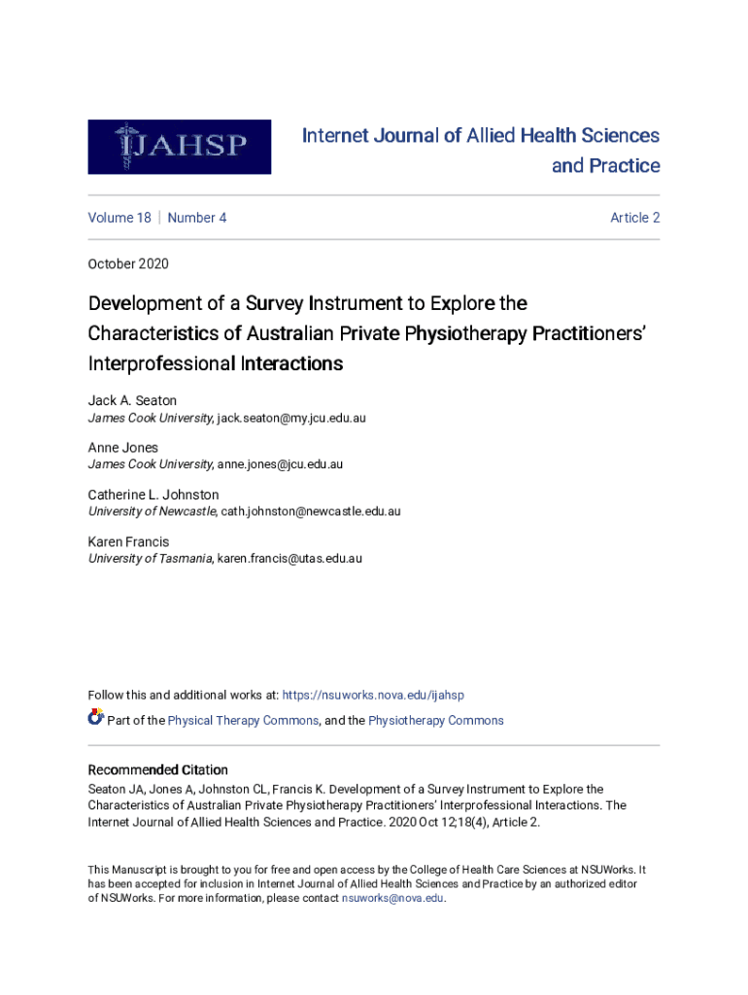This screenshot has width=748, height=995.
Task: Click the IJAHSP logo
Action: coord(179,147)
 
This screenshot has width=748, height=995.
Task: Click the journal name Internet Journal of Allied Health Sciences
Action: coord(481,136)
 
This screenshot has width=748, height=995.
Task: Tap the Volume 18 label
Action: coord(119,218)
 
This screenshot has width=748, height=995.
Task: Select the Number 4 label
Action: coord(197,218)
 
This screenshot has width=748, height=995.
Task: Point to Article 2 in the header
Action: coord(634,218)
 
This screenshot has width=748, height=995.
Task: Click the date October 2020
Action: coord(128,263)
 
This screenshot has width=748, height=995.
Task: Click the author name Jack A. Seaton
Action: coord(132,400)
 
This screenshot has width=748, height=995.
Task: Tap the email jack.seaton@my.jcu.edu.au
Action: coord(291,418)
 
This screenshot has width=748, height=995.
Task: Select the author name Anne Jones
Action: coord(123,448)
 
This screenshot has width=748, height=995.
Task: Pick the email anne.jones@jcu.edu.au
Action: coord(280,464)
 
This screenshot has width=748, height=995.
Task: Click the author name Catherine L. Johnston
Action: coord(153,495)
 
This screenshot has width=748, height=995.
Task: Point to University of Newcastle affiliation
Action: coord(152,511)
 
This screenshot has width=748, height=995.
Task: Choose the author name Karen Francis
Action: coord(128,541)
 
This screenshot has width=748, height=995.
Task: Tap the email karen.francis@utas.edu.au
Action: coord(289,559)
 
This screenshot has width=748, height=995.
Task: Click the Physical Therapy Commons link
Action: coord(243,720)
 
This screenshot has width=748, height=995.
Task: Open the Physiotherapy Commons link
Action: coord(436,720)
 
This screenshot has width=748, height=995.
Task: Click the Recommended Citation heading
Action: coord(158,770)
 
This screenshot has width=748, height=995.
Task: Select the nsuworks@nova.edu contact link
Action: coord(392,898)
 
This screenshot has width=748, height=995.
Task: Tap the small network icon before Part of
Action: coord(95,718)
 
